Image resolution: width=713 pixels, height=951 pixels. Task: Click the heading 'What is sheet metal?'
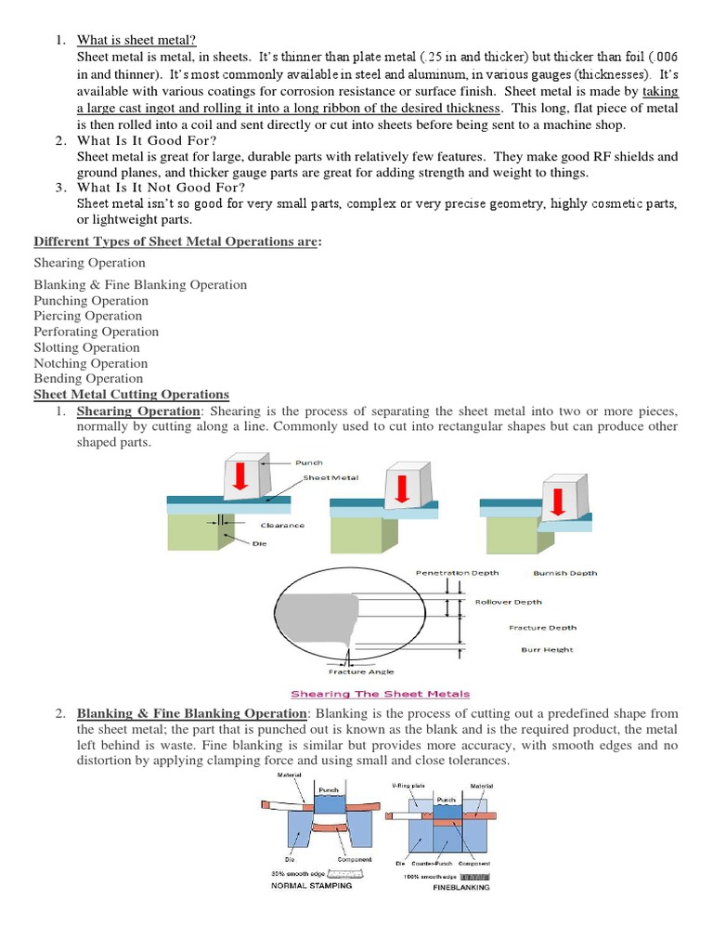[x=136, y=39]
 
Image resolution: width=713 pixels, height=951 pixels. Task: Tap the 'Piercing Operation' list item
[x=89, y=316]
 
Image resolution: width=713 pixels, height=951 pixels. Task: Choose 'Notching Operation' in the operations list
[x=91, y=363]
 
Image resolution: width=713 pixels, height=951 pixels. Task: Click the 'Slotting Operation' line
[x=86, y=347]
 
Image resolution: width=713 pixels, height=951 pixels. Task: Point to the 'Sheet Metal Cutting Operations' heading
[x=131, y=395]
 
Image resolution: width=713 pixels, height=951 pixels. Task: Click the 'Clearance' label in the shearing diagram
[x=282, y=525]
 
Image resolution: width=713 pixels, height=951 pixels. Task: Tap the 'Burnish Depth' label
[x=565, y=573]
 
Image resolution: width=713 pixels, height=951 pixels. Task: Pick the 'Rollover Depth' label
[x=508, y=602]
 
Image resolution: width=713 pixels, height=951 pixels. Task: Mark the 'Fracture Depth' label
[x=542, y=628]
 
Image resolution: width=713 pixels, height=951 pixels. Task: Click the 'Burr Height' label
[x=547, y=650]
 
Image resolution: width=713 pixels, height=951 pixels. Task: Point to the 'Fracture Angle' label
[x=361, y=671]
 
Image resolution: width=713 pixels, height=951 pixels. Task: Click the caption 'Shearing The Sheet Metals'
[x=381, y=694]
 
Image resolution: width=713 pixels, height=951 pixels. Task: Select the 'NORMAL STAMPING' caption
[x=311, y=885]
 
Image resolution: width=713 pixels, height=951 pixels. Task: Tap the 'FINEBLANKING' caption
[x=461, y=887]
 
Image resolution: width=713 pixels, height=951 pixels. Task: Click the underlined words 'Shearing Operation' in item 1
[x=138, y=410]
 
